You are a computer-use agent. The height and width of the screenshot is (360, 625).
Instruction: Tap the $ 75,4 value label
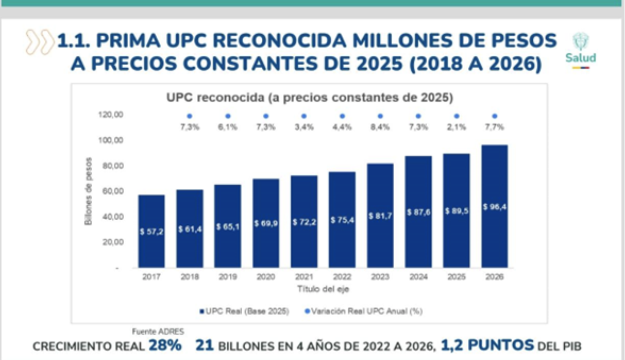click(x=342, y=220)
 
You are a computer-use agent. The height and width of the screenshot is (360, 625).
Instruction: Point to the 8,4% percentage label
click(x=380, y=127)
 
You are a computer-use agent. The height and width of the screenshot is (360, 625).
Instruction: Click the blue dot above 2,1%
click(x=456, y=116)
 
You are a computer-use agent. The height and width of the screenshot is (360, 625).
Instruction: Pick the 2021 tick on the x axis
click(x=304, y=277)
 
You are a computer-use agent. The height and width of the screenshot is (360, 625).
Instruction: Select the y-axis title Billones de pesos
click(x=88, y=191)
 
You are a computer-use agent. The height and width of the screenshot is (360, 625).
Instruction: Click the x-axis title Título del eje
click(x=323, y=289)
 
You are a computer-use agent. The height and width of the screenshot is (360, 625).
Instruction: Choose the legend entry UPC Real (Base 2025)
click(x=245, y=311)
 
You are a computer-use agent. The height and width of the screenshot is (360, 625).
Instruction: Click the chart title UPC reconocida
click(x=309, y=98)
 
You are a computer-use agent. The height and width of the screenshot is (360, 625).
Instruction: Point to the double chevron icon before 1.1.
click(x=39, y=42)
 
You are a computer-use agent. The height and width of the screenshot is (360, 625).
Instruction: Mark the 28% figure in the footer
click(x=165, y=345)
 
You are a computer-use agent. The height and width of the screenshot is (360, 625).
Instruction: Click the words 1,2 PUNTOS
click(x=487, y=345)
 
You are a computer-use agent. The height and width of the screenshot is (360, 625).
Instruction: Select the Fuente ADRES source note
click(x=158, y=332)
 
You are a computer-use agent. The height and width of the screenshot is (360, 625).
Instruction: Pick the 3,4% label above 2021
click(x=304, y=127)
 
